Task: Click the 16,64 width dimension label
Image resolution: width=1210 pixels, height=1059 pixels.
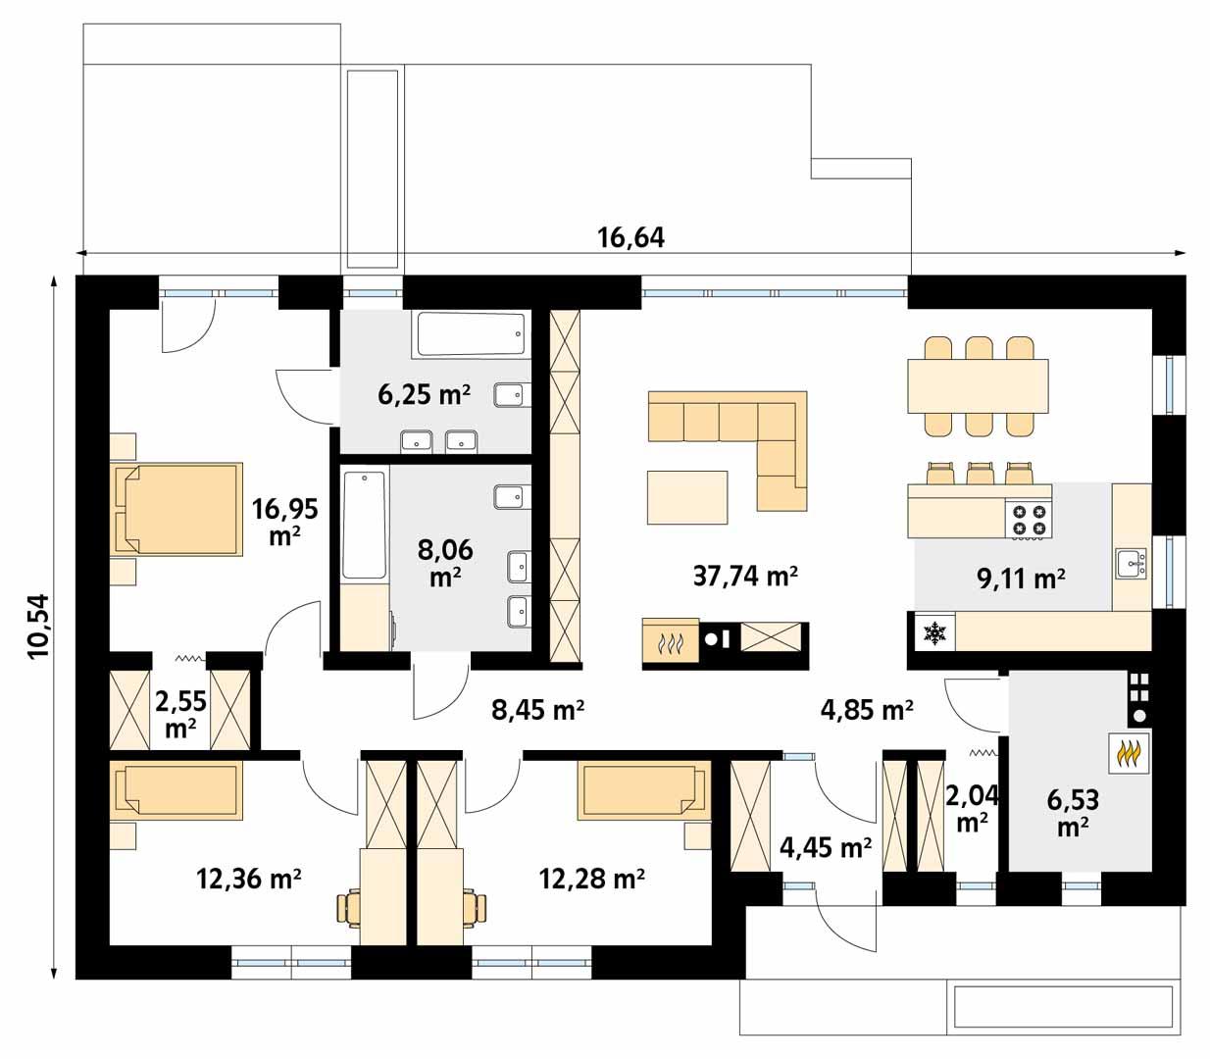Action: (x=630, y=237)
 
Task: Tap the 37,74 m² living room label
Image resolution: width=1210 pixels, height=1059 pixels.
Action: (x=744, y=576)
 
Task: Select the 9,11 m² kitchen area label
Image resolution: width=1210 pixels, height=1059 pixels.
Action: (x=1021, y=579)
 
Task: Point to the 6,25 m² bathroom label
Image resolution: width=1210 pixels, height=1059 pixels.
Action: (x=424, y=394)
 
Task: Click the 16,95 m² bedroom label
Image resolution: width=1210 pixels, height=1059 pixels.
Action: (x=284, y=521)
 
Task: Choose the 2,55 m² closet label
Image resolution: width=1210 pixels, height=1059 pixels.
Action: (x=180, y=713)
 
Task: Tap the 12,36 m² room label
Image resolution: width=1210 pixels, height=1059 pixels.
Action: (x=248, y=879)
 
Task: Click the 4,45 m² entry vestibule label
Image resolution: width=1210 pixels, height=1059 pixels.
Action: (x=825, y=845)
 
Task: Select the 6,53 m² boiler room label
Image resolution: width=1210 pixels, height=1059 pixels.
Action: (x=1073, y=813)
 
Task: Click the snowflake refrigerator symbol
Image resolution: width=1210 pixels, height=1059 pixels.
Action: (x=934, y=633)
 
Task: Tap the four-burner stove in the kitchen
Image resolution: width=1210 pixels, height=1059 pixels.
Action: (x=1028, y=520)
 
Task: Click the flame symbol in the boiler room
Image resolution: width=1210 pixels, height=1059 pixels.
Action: (x=1130, y=753)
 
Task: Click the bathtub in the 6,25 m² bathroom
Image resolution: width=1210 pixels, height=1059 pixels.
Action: (x=471, y=334)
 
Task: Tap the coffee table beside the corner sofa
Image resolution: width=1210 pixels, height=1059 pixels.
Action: (x=687, y=497)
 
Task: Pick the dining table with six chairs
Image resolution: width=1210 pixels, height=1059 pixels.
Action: (x=978, y=386)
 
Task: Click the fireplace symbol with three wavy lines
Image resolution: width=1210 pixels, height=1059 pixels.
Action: (x=671, y=642)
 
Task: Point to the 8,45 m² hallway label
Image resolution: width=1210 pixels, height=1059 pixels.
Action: (x=537, y=709)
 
